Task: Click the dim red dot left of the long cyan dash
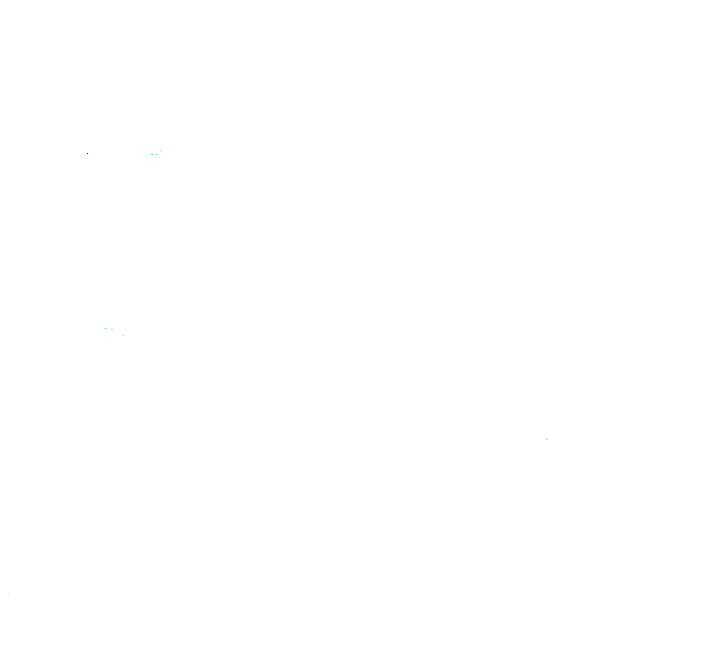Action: pyautogui.click(x=87, y=153)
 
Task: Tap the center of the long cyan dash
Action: pyautogui.click(x=154, y=154)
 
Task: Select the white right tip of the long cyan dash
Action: pyautogui.click(x=157, y=155)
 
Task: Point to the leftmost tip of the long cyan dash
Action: pyautogui.click(x=150, y=153)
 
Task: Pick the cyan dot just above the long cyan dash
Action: pyautogui.click(x=160, y=150)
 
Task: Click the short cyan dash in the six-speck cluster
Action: pyautogui.click(x=106, y=328)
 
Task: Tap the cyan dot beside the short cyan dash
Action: pyautogui.click(x=112, y=329)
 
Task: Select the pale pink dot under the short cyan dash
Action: pyautogui.click(x=107, y=331)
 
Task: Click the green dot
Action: pyautogui.click(x=122, y=335)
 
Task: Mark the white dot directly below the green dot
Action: pyautogui.click(x=119, y=342)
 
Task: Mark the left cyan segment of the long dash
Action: pyautogui.click(x=152, y=154)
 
